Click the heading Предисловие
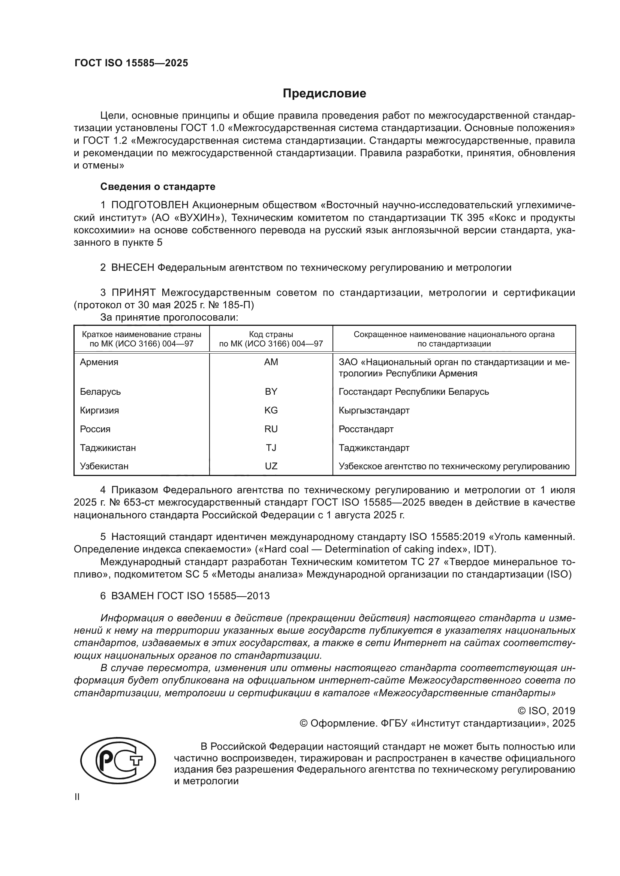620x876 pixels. pos(324,94)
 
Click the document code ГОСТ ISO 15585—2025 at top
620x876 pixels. pos(131,63)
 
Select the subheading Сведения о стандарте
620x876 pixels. pos(158,187)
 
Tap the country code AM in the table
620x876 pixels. pos(271,362)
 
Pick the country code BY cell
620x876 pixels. pos(271,392)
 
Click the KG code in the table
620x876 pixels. pos(271,410)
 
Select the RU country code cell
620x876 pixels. pos(271,429)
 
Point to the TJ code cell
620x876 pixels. pos(271,448)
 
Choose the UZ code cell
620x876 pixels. pos(271,466)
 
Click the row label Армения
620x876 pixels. pos(99,362)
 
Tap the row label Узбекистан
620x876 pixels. pos(104,466)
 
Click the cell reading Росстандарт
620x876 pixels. pos(366,429)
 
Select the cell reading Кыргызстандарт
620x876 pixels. pos(374,410)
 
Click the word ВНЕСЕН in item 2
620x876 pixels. pos(133,267)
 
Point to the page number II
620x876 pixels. pos(77,797)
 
